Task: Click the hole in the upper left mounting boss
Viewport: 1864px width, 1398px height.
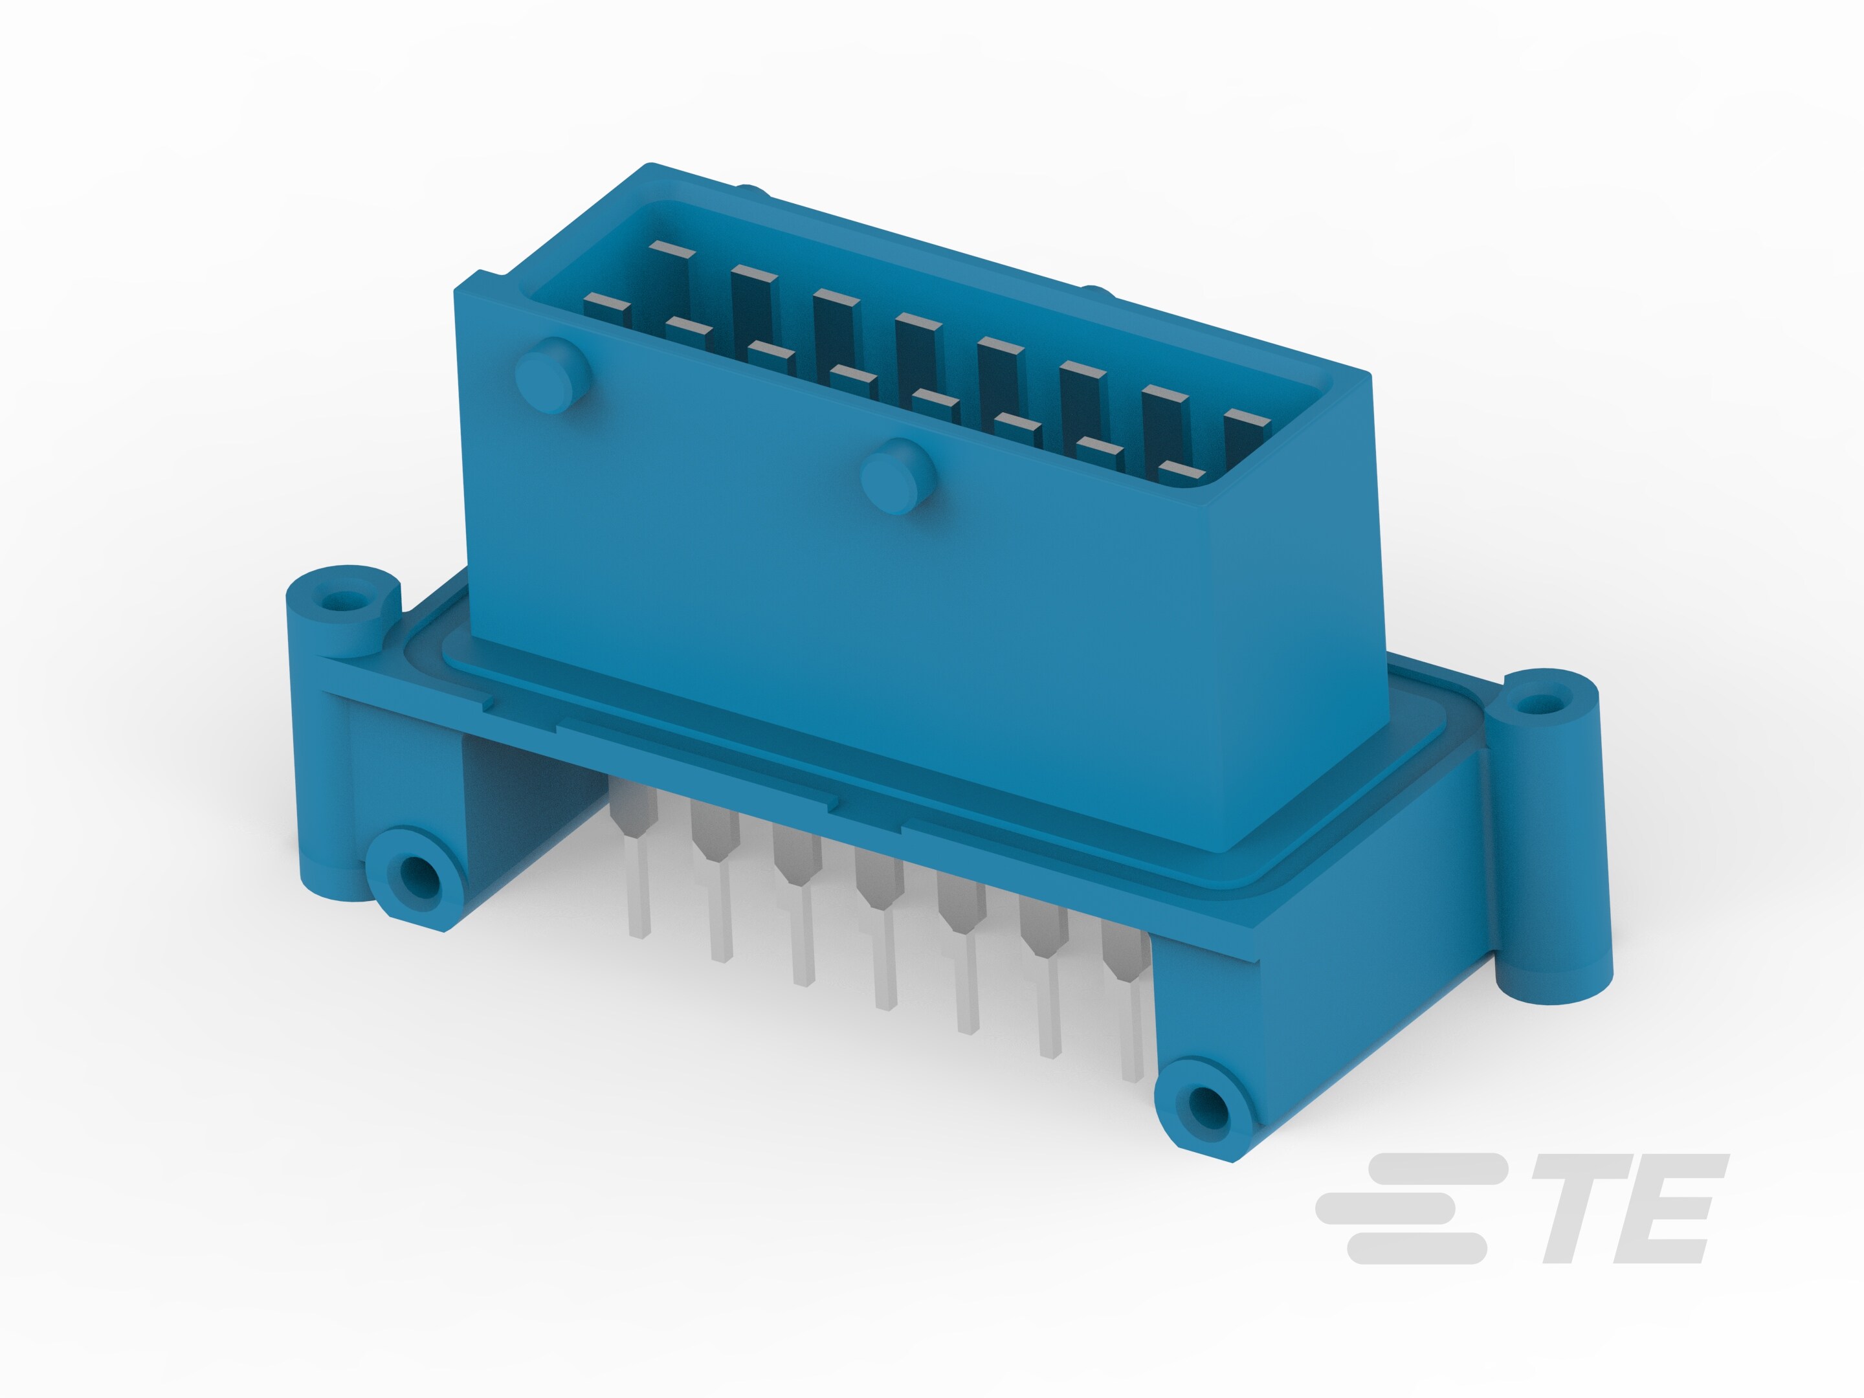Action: point(340,601)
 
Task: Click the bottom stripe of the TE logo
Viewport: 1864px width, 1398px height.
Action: point(1415,1248)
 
